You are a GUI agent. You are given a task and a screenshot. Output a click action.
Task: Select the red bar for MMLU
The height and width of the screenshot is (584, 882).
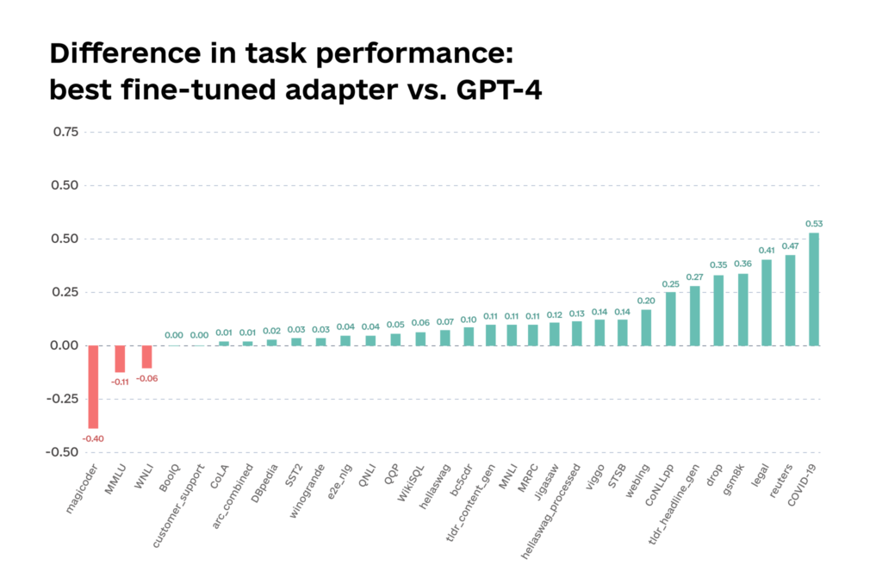click(120, 358)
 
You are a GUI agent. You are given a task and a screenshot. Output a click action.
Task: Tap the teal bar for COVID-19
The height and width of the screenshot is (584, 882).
click(813, 289)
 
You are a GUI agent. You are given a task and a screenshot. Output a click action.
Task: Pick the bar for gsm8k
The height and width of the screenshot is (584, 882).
click(742, 308)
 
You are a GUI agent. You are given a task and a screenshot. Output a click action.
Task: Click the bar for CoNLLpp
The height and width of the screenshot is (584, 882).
click(671, 319)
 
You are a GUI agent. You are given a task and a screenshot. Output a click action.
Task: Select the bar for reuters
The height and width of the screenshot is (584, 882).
click(790, 300)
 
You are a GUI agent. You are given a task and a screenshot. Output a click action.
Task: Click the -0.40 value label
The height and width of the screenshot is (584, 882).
click(93, 438)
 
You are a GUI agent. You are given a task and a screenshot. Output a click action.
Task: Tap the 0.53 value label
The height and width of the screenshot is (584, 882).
click(814, 223)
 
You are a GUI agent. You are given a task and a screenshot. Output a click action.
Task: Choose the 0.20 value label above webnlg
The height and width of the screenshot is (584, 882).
click(646, 301)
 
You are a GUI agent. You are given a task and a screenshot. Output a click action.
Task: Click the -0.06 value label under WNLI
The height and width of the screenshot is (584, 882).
click(146, 378)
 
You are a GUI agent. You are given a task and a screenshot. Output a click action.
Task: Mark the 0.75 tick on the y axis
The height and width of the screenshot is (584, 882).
click(65, 132)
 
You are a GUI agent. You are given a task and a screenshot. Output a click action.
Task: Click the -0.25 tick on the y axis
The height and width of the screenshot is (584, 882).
click(63, 399)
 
